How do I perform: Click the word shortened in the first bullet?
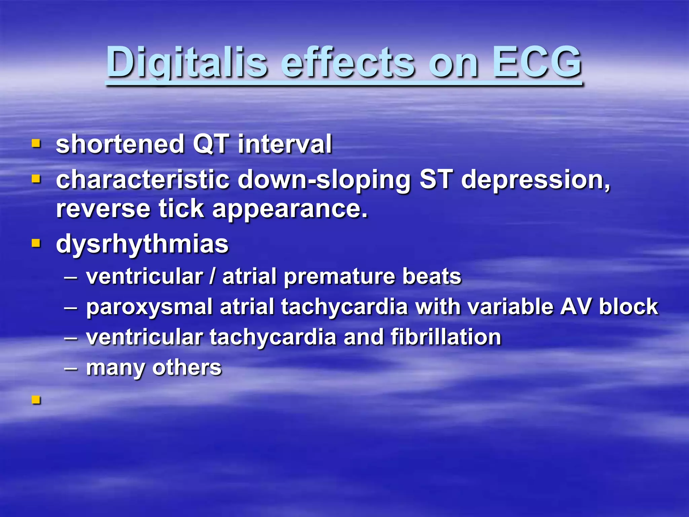click(x=120, y=144)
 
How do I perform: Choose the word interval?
click(x=285, y=144)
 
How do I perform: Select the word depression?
click(x=535, y=180)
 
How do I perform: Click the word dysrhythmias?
click(x=142, y=244)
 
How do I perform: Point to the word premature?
click(x=339, y=277)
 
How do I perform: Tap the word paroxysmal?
click(x=149, y=307)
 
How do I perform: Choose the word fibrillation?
click(x=446, y=337)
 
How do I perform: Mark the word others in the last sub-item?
click(x=187, y=367)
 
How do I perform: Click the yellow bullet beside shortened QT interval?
click(x=36, y=144)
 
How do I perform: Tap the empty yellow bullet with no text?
click(x=36, y=400)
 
